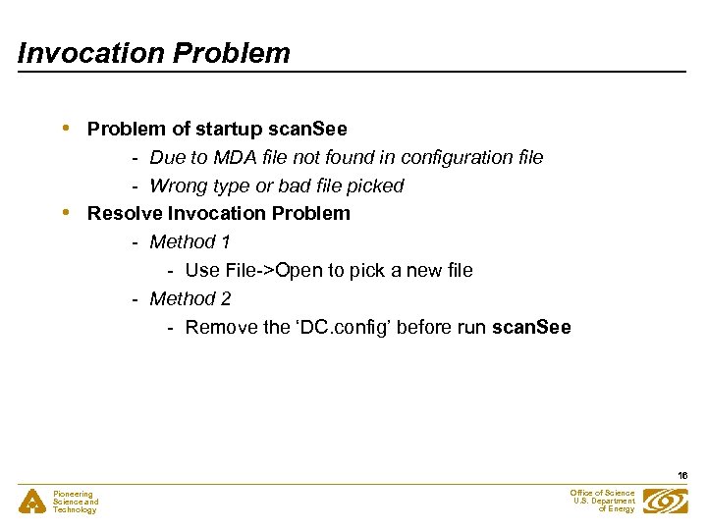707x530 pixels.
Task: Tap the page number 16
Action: [682, 475]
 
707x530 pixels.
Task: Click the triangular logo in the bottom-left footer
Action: [31, 502]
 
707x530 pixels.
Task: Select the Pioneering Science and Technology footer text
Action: [76, 503]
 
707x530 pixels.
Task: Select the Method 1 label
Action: [190, 241]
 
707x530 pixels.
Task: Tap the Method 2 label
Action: [190, 298]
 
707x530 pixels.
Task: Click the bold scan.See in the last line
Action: [531, 327]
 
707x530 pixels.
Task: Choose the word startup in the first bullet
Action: [231, 129]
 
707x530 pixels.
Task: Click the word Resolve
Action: [125, 213]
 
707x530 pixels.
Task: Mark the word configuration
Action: [455, 157]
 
